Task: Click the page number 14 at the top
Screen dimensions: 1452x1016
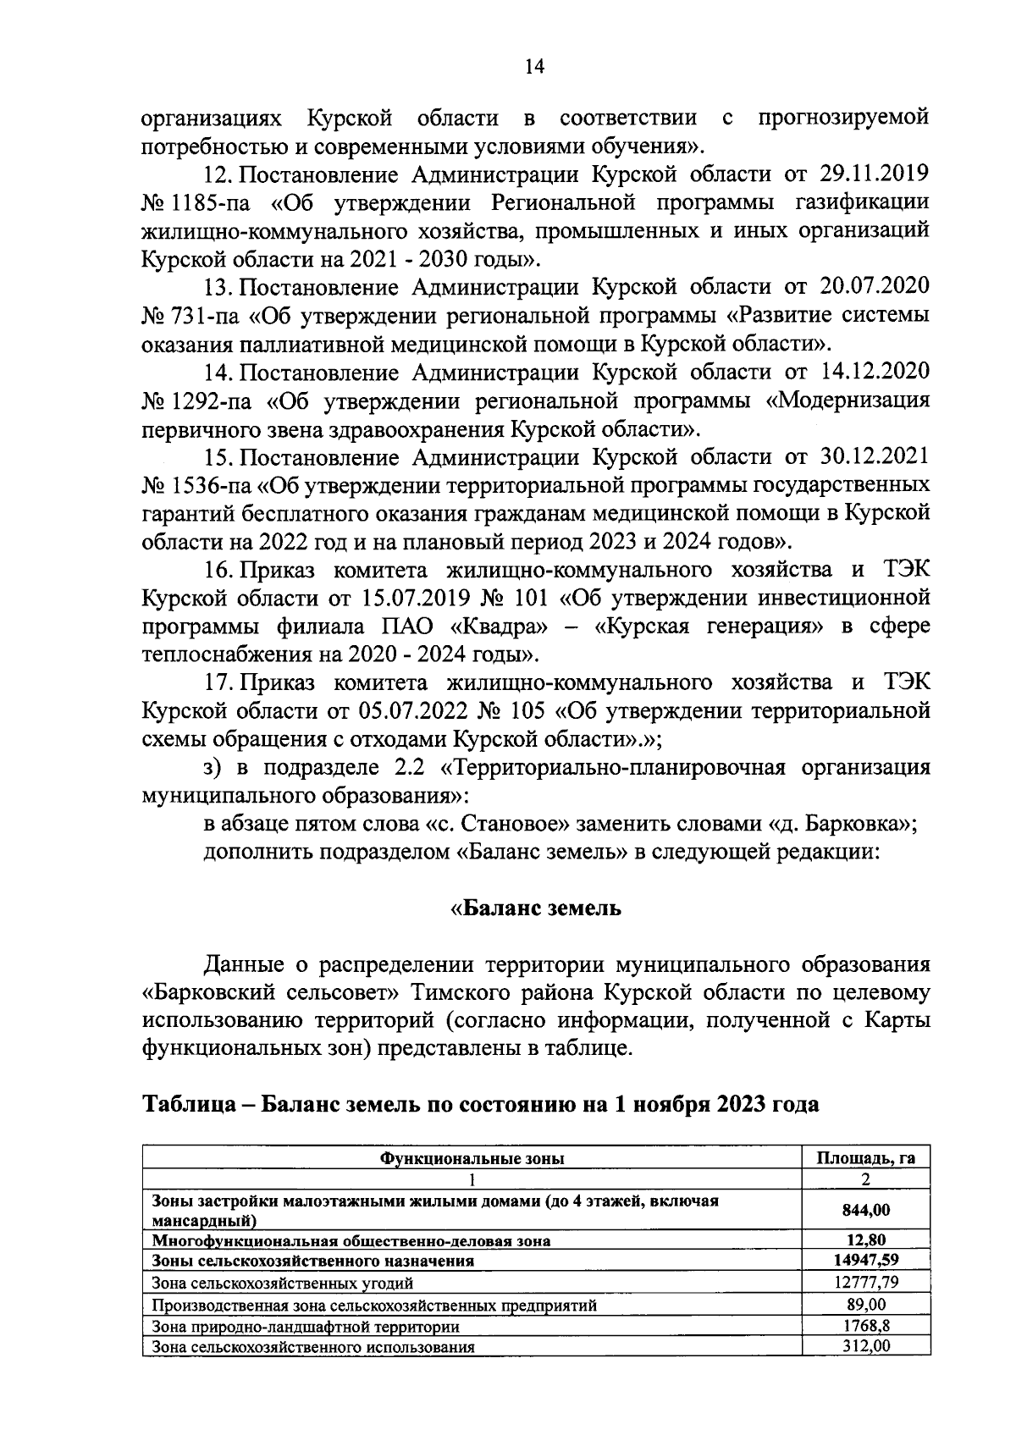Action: pyautogui.click(x=533, y=69)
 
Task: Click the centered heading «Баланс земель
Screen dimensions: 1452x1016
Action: pyautogui.click(x=535, y=909)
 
